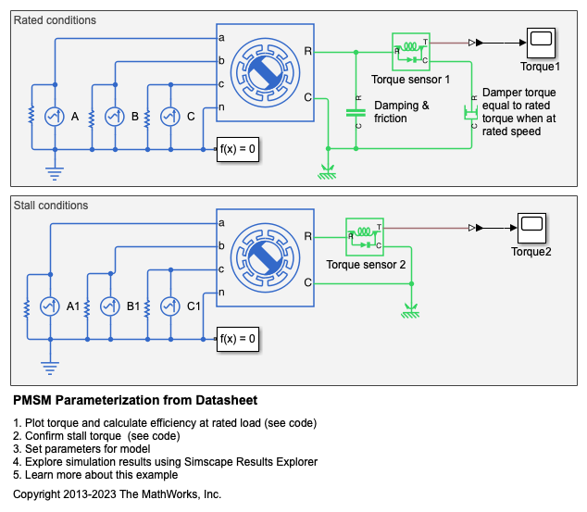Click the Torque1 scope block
(541, 42)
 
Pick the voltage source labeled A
(56, 116)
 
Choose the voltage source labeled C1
(169, 306)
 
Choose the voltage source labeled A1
(51, 306)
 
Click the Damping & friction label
(401, 112)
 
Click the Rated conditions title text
(55, 19)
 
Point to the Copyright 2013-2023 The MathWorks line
(118, 494)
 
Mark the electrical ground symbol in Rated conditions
(55, 171)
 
